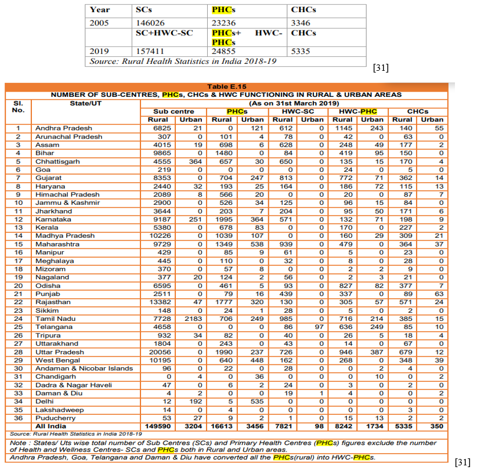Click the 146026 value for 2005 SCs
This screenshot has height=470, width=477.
point(150,23)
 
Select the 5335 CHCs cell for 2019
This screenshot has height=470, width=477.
point(300,51)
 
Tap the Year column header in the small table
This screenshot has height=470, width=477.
point(99,10)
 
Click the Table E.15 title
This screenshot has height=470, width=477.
point(226,86)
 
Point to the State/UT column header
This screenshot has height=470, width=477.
point(85,103)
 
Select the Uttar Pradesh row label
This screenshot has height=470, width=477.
point(60,352)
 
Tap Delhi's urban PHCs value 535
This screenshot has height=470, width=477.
point(257,402)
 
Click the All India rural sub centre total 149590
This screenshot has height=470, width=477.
point(158,426)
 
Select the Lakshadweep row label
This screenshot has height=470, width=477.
point(60,410)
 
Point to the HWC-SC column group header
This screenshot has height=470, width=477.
point(298,111)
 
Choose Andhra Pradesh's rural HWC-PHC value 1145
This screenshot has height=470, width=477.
point(344,128)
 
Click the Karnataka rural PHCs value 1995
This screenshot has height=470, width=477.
point(223,219)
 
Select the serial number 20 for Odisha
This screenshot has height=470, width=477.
point(18,285)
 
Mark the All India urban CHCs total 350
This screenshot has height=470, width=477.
point(436,426)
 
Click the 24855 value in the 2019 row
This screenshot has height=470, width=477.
point(223,51)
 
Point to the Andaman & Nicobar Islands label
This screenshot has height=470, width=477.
point(84,368)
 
